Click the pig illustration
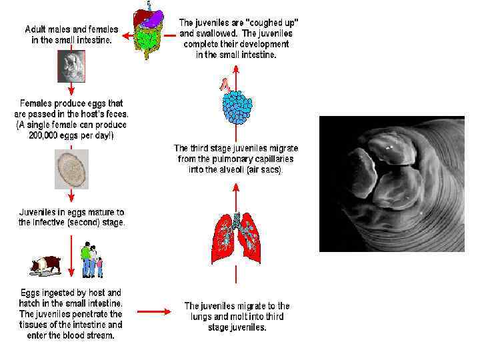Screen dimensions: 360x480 pyautogui.click(x=45, y=265)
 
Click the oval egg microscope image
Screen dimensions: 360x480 pyautogui.click(x=71, y=169)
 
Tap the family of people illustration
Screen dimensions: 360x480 pyautogui.click(x=91, y=260)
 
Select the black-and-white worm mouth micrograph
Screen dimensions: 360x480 pyautogui.click(x=391, y=183)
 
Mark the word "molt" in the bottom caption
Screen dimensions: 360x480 pyautogui.click(x=242, y=317)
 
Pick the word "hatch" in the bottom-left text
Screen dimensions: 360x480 pyautogui.click(x=33, y=303)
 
